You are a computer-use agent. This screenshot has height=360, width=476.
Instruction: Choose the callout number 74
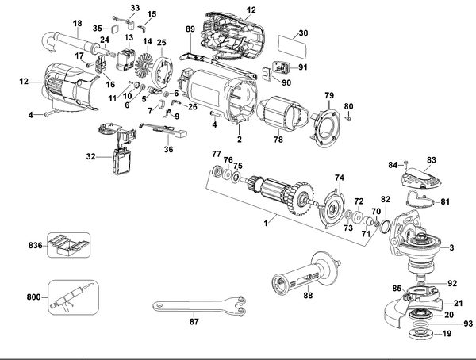click(x=339, y=178)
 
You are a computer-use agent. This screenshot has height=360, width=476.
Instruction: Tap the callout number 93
click(x=468, y=324)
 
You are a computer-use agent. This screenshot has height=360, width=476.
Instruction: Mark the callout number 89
click(x=190, y=29)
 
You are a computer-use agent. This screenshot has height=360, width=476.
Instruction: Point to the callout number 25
click(x=161, y=41)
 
